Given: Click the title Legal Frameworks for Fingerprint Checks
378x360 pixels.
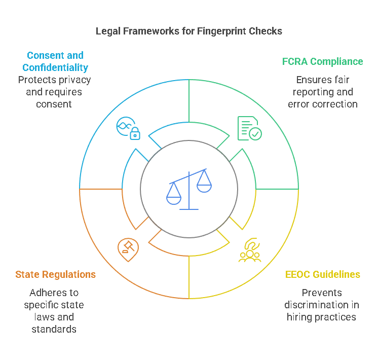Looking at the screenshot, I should (x=189, y=31).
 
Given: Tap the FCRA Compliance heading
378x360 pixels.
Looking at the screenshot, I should (x=322, y=61).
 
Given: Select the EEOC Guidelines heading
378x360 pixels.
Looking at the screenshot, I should (x=322, y=274).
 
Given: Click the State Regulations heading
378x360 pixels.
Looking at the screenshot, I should (x=55, y=274).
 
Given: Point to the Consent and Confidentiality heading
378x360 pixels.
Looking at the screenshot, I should (x=55, y=61).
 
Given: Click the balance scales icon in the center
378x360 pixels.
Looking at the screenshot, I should (x=189, y=189).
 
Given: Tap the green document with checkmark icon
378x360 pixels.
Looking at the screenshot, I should (x=249, y=128).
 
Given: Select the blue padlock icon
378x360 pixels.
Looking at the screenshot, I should (x=135, y=134).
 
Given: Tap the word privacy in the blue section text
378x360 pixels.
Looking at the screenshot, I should (x=74, y=80).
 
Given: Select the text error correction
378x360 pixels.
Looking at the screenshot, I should (x=323, y=104).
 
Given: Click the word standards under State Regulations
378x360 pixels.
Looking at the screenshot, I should (x=54, y=329).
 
